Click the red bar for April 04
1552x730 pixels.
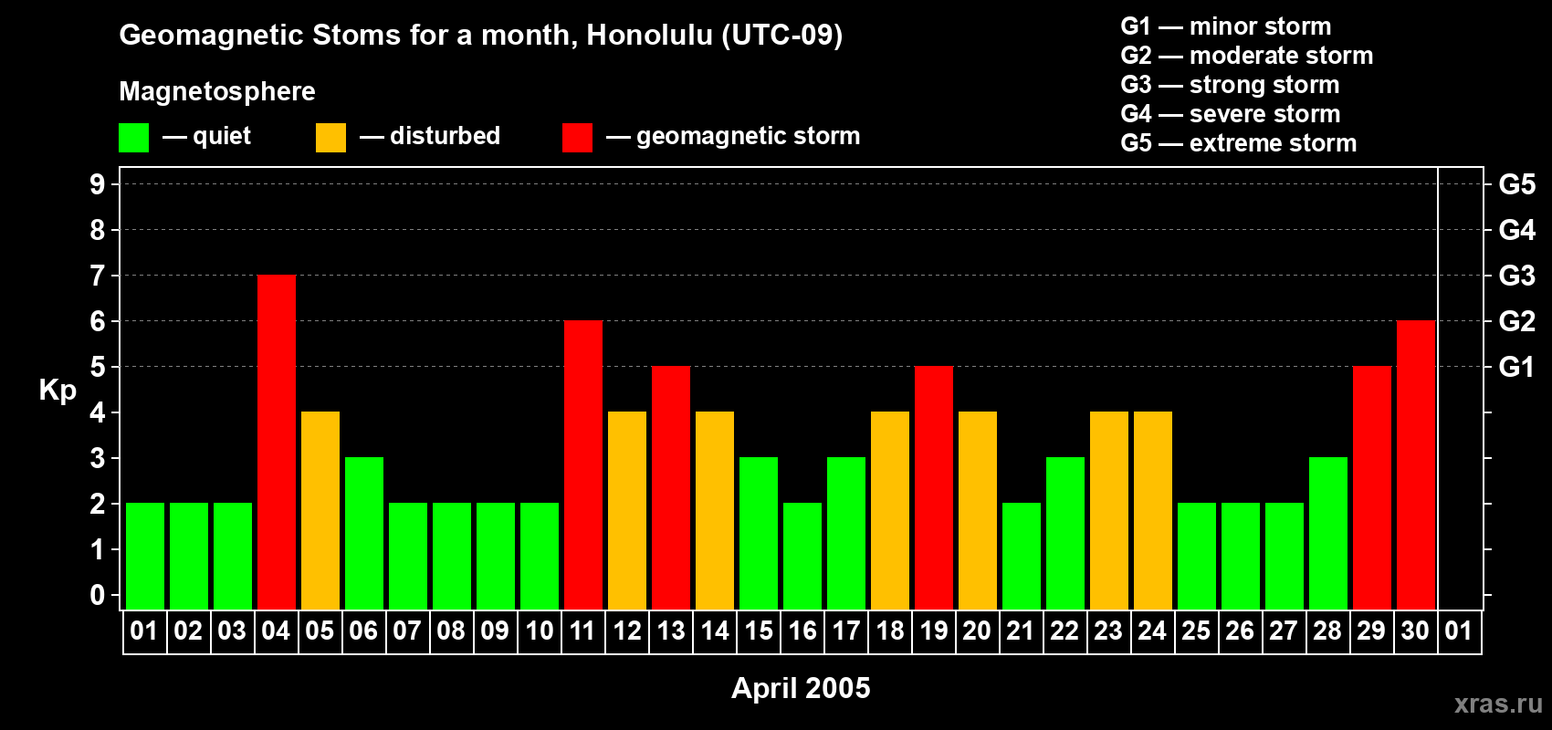(x=277, y=443)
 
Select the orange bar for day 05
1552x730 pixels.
(x=320, y=511)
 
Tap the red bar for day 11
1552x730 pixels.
(x=583, y=465)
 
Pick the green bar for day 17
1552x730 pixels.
(x=846, y=534)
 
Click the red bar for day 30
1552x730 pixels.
(x=1416, y=465)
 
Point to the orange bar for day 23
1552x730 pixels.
(x=1109, y=511)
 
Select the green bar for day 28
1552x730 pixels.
(x=1328, y=534)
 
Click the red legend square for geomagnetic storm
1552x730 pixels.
(x=577, y=138)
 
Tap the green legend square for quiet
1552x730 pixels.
(x=134, y=138)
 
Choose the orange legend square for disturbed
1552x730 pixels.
(x=330, y=138)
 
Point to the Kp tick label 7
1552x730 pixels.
(x=98, y=276)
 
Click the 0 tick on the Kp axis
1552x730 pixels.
(x=98, y=596)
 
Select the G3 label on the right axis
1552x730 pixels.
(x=1516, y=276)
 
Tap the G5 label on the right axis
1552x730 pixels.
(x=1516, y=184)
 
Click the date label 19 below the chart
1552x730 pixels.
(x=934, y=631)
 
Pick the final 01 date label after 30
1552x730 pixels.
(x=1459, y=631)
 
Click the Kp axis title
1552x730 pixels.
(x=58, y=391)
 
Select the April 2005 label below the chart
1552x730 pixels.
(x=801, y=688)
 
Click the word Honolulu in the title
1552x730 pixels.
(x=649, y=35)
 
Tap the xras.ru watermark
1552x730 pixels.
(x=1498, y=704)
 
